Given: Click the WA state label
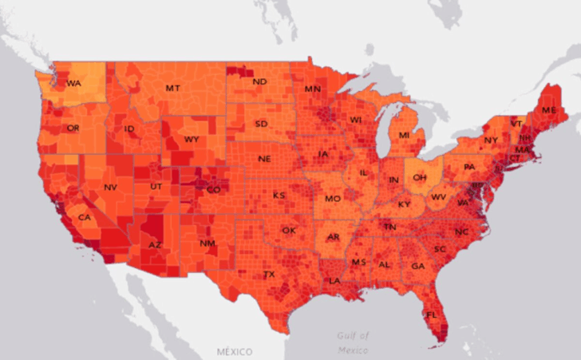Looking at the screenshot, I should click(73, 83).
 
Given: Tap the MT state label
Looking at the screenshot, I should click(172, 87).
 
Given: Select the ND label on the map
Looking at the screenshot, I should click(259, 81).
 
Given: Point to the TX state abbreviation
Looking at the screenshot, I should click(269, 274).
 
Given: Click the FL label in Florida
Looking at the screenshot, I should click(432, 315).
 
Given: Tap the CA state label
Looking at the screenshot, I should click(83, 217).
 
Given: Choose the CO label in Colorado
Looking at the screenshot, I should click(214, 190).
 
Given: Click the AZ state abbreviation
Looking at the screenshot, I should click(155, 244).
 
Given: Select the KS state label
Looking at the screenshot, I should click(279, 195).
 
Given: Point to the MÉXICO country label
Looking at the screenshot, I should click(234, 351).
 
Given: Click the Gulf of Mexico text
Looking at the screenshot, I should click(352, 342).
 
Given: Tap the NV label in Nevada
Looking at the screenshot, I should click(110, 188).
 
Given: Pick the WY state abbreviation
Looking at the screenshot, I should click(192, 139).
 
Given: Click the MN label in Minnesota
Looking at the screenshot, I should click(312, 89).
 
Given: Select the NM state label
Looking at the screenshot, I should click(207, 243).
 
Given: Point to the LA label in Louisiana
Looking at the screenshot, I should click(335, 281).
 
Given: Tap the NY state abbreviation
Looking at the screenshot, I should click(490, 140).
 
